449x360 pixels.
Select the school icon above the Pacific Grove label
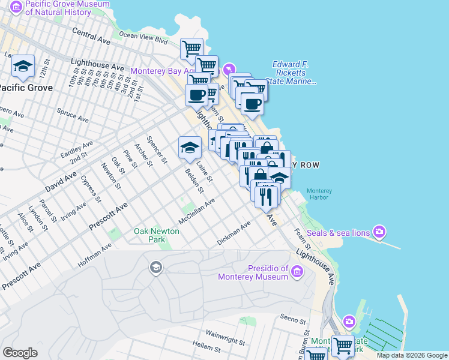tap(23, 67)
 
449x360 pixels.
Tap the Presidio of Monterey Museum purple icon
tap(297, 273)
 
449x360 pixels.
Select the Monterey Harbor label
tap(319, 195)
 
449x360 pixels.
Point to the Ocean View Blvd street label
tap(143, 38)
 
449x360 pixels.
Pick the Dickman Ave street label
tap(234, 235)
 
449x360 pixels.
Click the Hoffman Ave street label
tap(94, 255)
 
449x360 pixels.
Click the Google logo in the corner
tap(20, 353)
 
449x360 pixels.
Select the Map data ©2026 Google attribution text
tap(411, 355)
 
